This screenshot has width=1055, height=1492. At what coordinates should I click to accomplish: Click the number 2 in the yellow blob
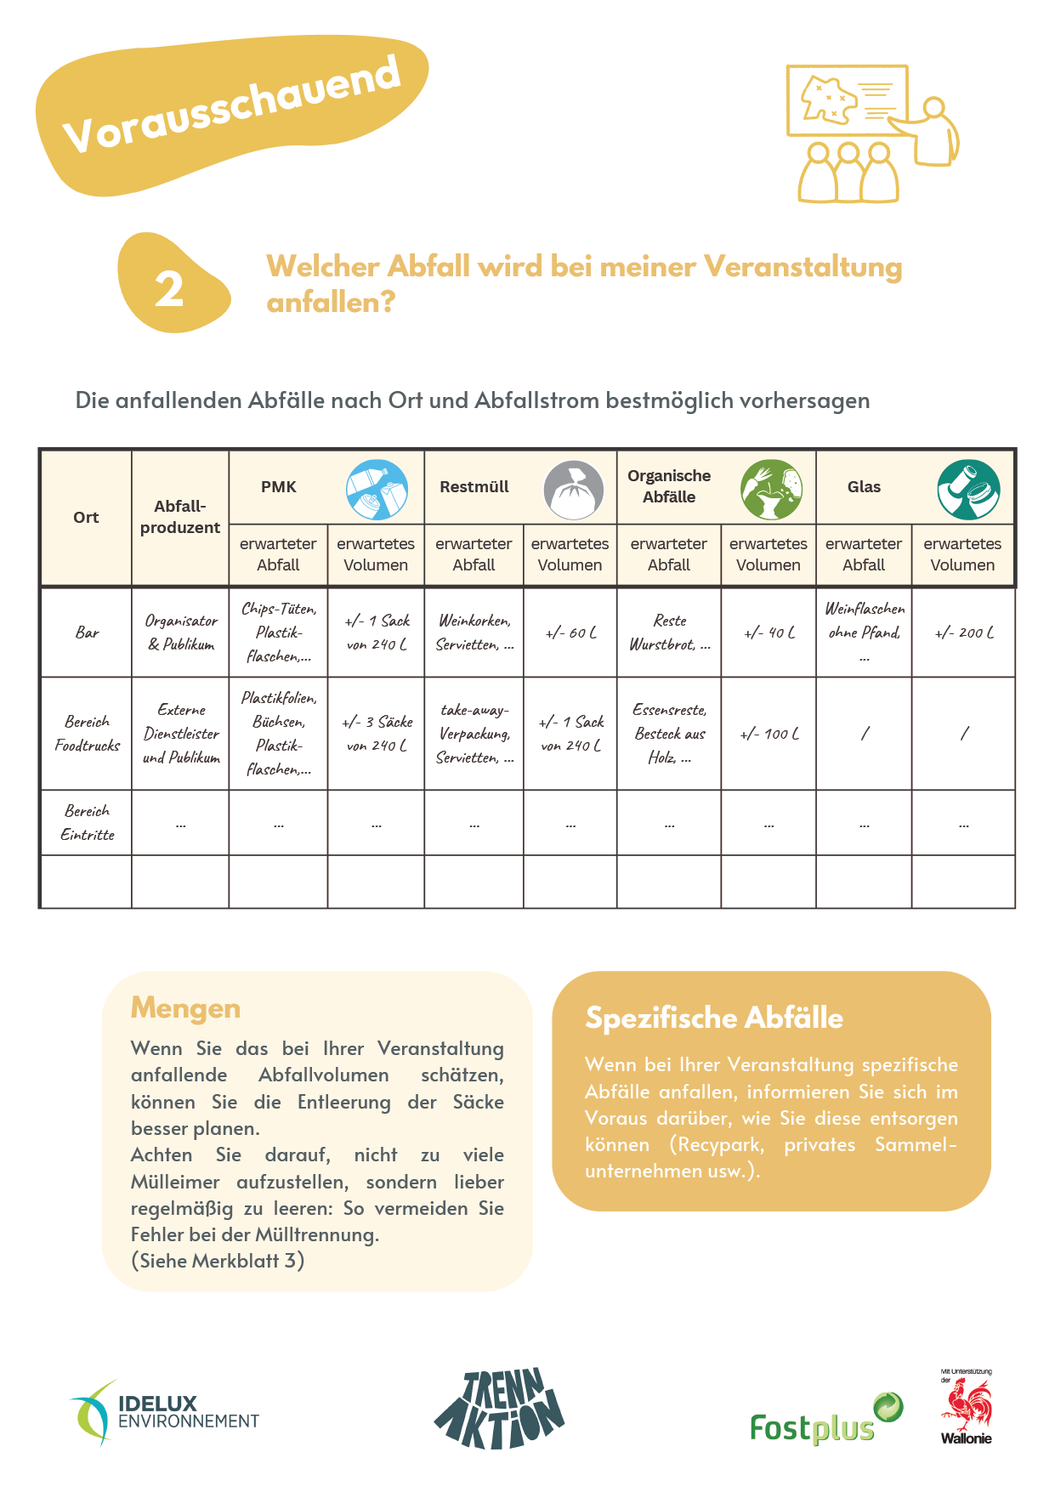(x=169, y=289)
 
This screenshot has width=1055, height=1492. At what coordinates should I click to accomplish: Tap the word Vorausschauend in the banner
(x=231, y=105)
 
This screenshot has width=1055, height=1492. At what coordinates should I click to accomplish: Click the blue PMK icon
(x=377, y=490)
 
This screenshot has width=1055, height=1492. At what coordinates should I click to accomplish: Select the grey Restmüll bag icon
(x=574, y=490)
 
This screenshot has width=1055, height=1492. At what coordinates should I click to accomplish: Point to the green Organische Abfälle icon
(x=771, y=490)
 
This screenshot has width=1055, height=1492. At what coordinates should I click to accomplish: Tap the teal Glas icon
(x=968, y=490)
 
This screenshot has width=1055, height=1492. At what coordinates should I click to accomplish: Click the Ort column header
(x=86, y=518)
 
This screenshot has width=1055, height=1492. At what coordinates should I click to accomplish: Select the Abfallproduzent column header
(x=180, y=517)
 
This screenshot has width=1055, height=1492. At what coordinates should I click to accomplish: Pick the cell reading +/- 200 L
(x=963, y=633)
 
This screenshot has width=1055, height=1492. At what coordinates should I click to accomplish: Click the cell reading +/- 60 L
(x=570, y=633)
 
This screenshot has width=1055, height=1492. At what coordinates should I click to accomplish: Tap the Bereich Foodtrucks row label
(x=87, y=733)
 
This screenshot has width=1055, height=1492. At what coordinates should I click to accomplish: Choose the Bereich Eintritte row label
(x=87, y=822)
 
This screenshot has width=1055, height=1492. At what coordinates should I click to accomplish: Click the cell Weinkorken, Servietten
(x=474, y=633)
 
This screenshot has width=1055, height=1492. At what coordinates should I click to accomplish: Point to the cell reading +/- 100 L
(x=769, y=734)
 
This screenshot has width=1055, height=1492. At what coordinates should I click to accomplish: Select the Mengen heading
(x=185, y=1008)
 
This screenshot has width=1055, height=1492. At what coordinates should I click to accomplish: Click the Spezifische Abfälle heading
(x=714, y=1018)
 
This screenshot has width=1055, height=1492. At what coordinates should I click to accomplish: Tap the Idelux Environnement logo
(x=164, y=1413)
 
